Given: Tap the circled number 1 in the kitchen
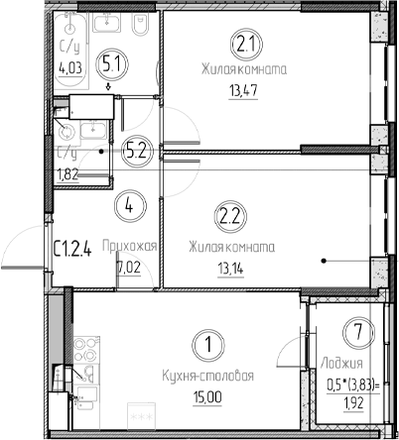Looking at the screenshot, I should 207,346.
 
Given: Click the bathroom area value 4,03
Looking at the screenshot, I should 69,68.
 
